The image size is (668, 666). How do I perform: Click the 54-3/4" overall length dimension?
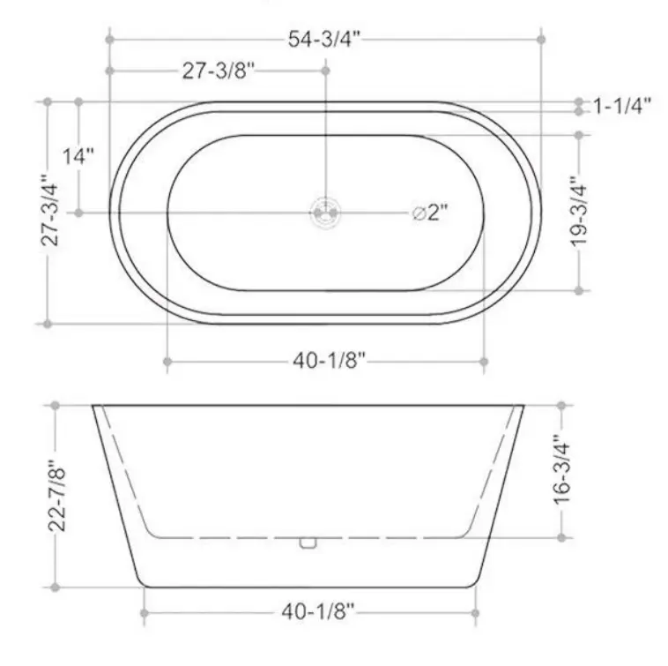(324, 39)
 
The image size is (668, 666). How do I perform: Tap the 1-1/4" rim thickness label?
(622, 107)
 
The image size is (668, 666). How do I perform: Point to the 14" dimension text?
(78, 157)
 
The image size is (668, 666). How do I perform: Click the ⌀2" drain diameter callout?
(431, 213)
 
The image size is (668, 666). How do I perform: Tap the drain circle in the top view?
(325, 212)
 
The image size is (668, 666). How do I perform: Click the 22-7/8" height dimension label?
(56, 496)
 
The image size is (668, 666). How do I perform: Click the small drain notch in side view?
(307, 542)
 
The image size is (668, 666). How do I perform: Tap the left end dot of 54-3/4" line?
(109, 39)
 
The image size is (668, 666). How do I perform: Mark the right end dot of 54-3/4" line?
(540, 39)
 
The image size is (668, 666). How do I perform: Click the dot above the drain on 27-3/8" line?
(325, 70)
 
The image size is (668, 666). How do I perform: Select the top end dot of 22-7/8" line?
(56, 406)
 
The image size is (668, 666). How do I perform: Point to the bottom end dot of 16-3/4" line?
(560, 536)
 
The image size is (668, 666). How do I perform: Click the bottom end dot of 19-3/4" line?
(579, 289)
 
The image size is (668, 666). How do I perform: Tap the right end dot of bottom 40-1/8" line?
(476, 612)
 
